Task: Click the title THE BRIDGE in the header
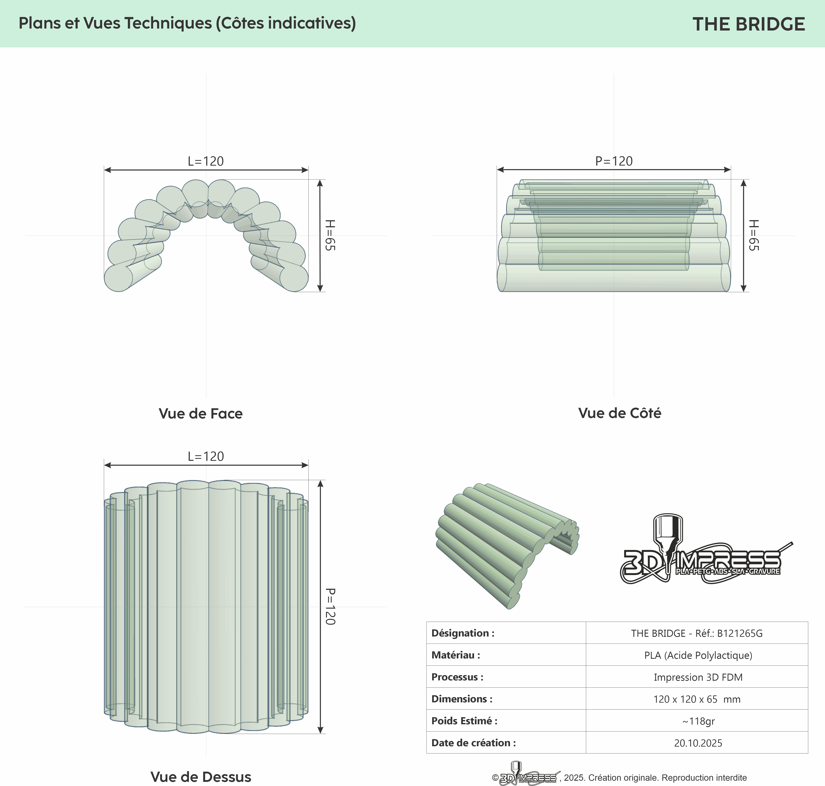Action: [x=748, y=24]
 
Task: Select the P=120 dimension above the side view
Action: [x=614, y=161]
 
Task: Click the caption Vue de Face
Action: [x=201, y=414]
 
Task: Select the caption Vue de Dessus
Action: [x=201, y=777]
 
